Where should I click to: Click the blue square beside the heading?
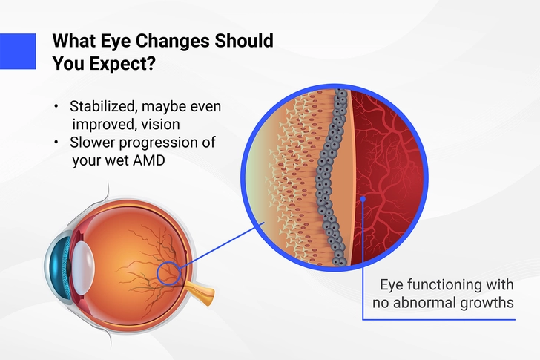coord(18,51)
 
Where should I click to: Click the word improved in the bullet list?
coord(99,125)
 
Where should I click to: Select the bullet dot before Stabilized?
coord(56,106)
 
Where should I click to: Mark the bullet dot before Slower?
coord(56,142)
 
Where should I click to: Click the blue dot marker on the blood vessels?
coord(363,199)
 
